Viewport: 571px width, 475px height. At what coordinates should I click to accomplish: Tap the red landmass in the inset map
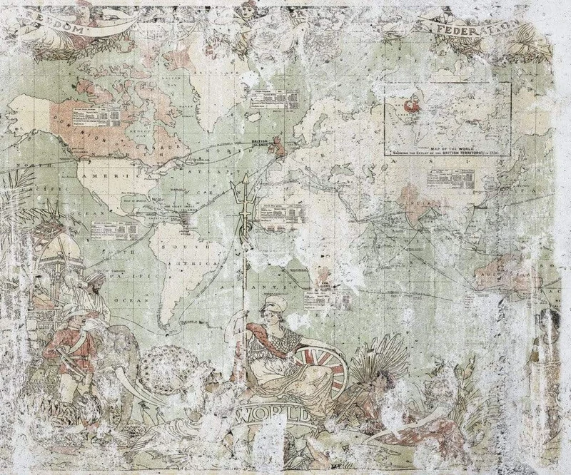click(x=410, y=107)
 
